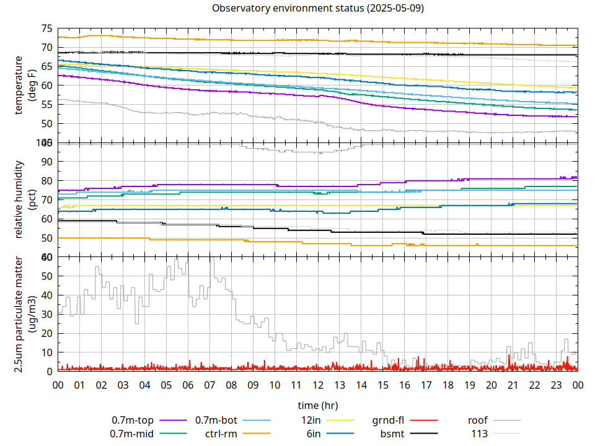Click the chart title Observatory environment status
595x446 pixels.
tap(317, 9)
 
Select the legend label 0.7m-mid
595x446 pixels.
tap(132, 434)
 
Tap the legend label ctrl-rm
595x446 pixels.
tap(221, 434)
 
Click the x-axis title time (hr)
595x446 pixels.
tap(317, 405)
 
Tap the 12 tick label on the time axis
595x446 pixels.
tap(317, 385)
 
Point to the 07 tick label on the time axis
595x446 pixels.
tap(209, 385)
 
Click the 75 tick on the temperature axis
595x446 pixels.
tap(47, 28)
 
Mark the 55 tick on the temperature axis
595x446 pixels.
tap(47, 105)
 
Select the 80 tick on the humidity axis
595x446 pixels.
tap(47, 181)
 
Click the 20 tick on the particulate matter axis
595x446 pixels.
tap(47, 333)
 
